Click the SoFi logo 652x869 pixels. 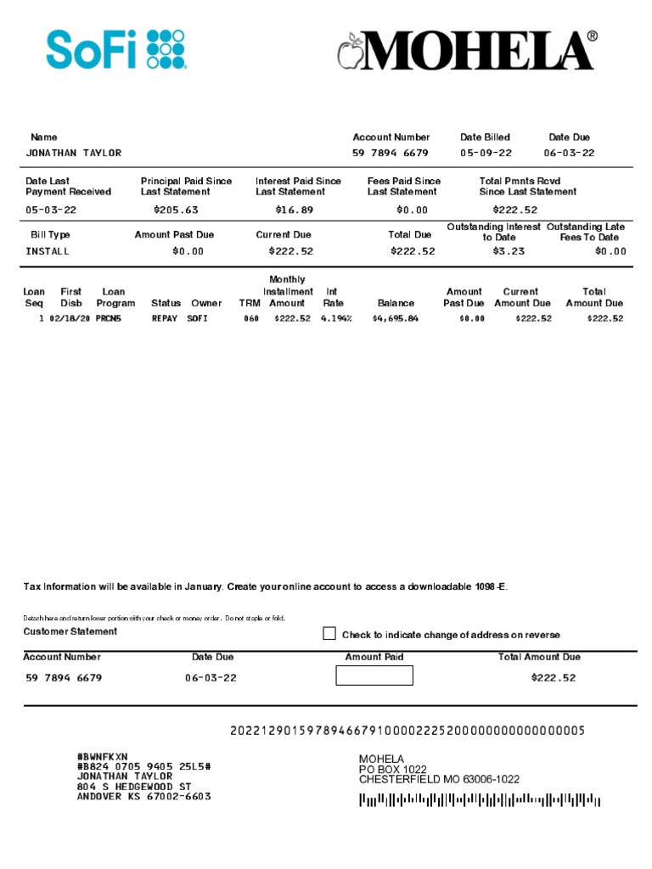pyautogui.click(x=116, y=49)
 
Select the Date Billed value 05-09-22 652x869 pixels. pyautogui.click(x=486, y=154)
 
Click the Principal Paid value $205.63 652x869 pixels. pyautogui.click(x=176, y=210)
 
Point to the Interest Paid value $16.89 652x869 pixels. pyautogui.click(x=295, y=210)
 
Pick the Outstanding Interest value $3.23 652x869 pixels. pyautogui.click(x=509, y=251)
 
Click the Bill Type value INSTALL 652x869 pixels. pyautogui.click(x=48, y=251)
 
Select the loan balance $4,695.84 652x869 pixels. pyautogui.click(x=395, y=319)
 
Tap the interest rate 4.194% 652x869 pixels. pyautogui.click(x=336, y=319)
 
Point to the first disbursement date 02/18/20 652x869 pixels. pyautogui.click(x=69, y=319)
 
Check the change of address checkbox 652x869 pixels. pyautogui.click(x=329, y=634)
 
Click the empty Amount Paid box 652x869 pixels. pyautogui.click(x=374, y=676)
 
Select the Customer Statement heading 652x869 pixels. pyautogui.click(x=70, y=631)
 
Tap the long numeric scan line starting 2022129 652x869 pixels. pyautogui.click(x=407, y=731)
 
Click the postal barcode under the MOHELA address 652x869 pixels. pyautogui.click(x=480, y=799)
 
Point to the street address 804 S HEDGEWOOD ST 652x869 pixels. pyautogui.click(x=131, y=787)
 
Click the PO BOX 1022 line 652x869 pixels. pyautogui.click(x=392, y=769)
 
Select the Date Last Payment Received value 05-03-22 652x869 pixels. pyautogui.click(x=52, y=210)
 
